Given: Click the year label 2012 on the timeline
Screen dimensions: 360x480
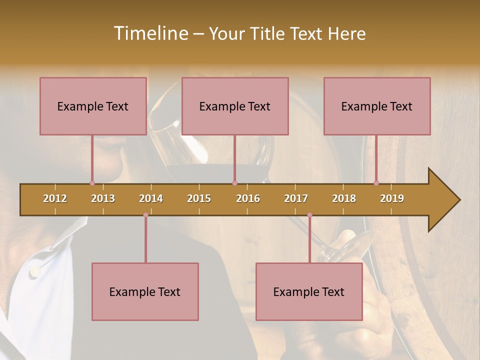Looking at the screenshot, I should [55, 198].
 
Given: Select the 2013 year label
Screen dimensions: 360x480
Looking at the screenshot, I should [103, 198].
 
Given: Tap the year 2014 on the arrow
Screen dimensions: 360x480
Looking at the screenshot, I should [151, 198].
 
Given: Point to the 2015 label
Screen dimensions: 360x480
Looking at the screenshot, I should [199, 198].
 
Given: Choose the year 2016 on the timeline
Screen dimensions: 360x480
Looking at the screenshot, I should [248, 198].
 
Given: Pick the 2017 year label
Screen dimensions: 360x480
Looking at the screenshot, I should [296, 198].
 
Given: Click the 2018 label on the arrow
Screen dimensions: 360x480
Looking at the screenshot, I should [344, 198].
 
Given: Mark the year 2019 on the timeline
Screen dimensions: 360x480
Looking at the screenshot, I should [392, 198].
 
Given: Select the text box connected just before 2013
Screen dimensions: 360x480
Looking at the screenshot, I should [93, 106].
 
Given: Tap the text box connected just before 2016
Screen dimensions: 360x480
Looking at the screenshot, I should [235, 106].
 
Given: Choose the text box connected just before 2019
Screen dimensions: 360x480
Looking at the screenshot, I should [377, 106].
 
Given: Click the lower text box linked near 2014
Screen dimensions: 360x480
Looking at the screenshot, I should [145, 291].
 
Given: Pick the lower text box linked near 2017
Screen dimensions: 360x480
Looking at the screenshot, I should [309, 291].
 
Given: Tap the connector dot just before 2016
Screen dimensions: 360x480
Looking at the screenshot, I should [234, 183].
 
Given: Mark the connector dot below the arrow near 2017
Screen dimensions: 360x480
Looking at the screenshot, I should [309, 215].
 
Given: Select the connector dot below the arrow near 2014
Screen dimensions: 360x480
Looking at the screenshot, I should [145, 215].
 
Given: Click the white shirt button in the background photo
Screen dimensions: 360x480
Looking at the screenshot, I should [34, 272].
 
